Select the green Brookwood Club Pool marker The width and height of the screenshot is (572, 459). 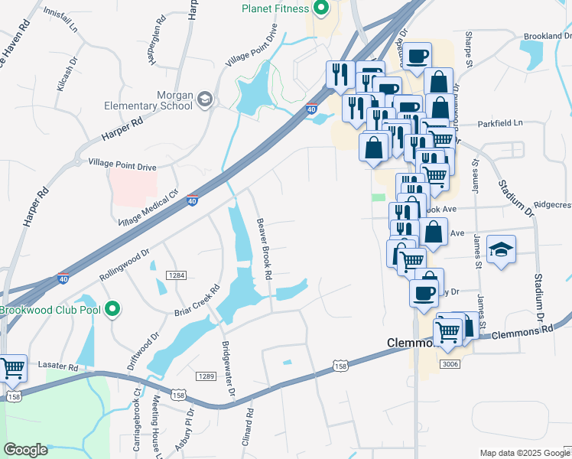[x=113, y=310]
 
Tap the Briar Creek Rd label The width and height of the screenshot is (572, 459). [x=198, y=301]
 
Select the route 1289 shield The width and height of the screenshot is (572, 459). [x=204, y=376]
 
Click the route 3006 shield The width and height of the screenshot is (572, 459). [x=450, y=364]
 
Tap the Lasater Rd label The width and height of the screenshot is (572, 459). [x=63, y=367]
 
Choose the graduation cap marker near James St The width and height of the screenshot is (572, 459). [x=501, y=249]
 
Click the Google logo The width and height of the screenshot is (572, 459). [x=26, y=450]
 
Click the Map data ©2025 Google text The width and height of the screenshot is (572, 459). [x=524, y=452]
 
